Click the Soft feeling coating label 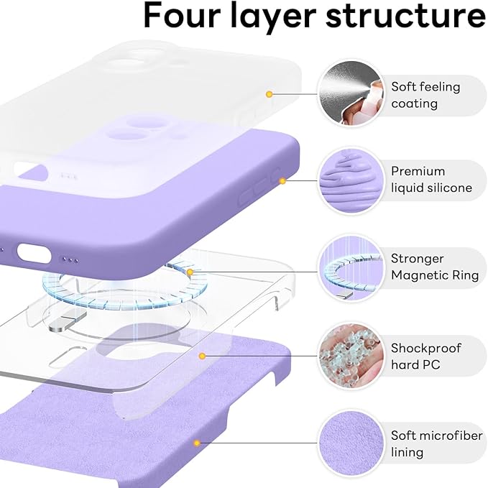[425, 95]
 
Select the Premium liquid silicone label [431, 180]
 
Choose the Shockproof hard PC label [426, 356]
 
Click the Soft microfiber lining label [433, 443]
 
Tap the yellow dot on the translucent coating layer [269, 94]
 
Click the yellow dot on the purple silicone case [282, 180]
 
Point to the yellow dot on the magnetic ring [190, 272]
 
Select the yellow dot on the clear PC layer [203, 356]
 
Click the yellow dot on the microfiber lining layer [195, 443]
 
